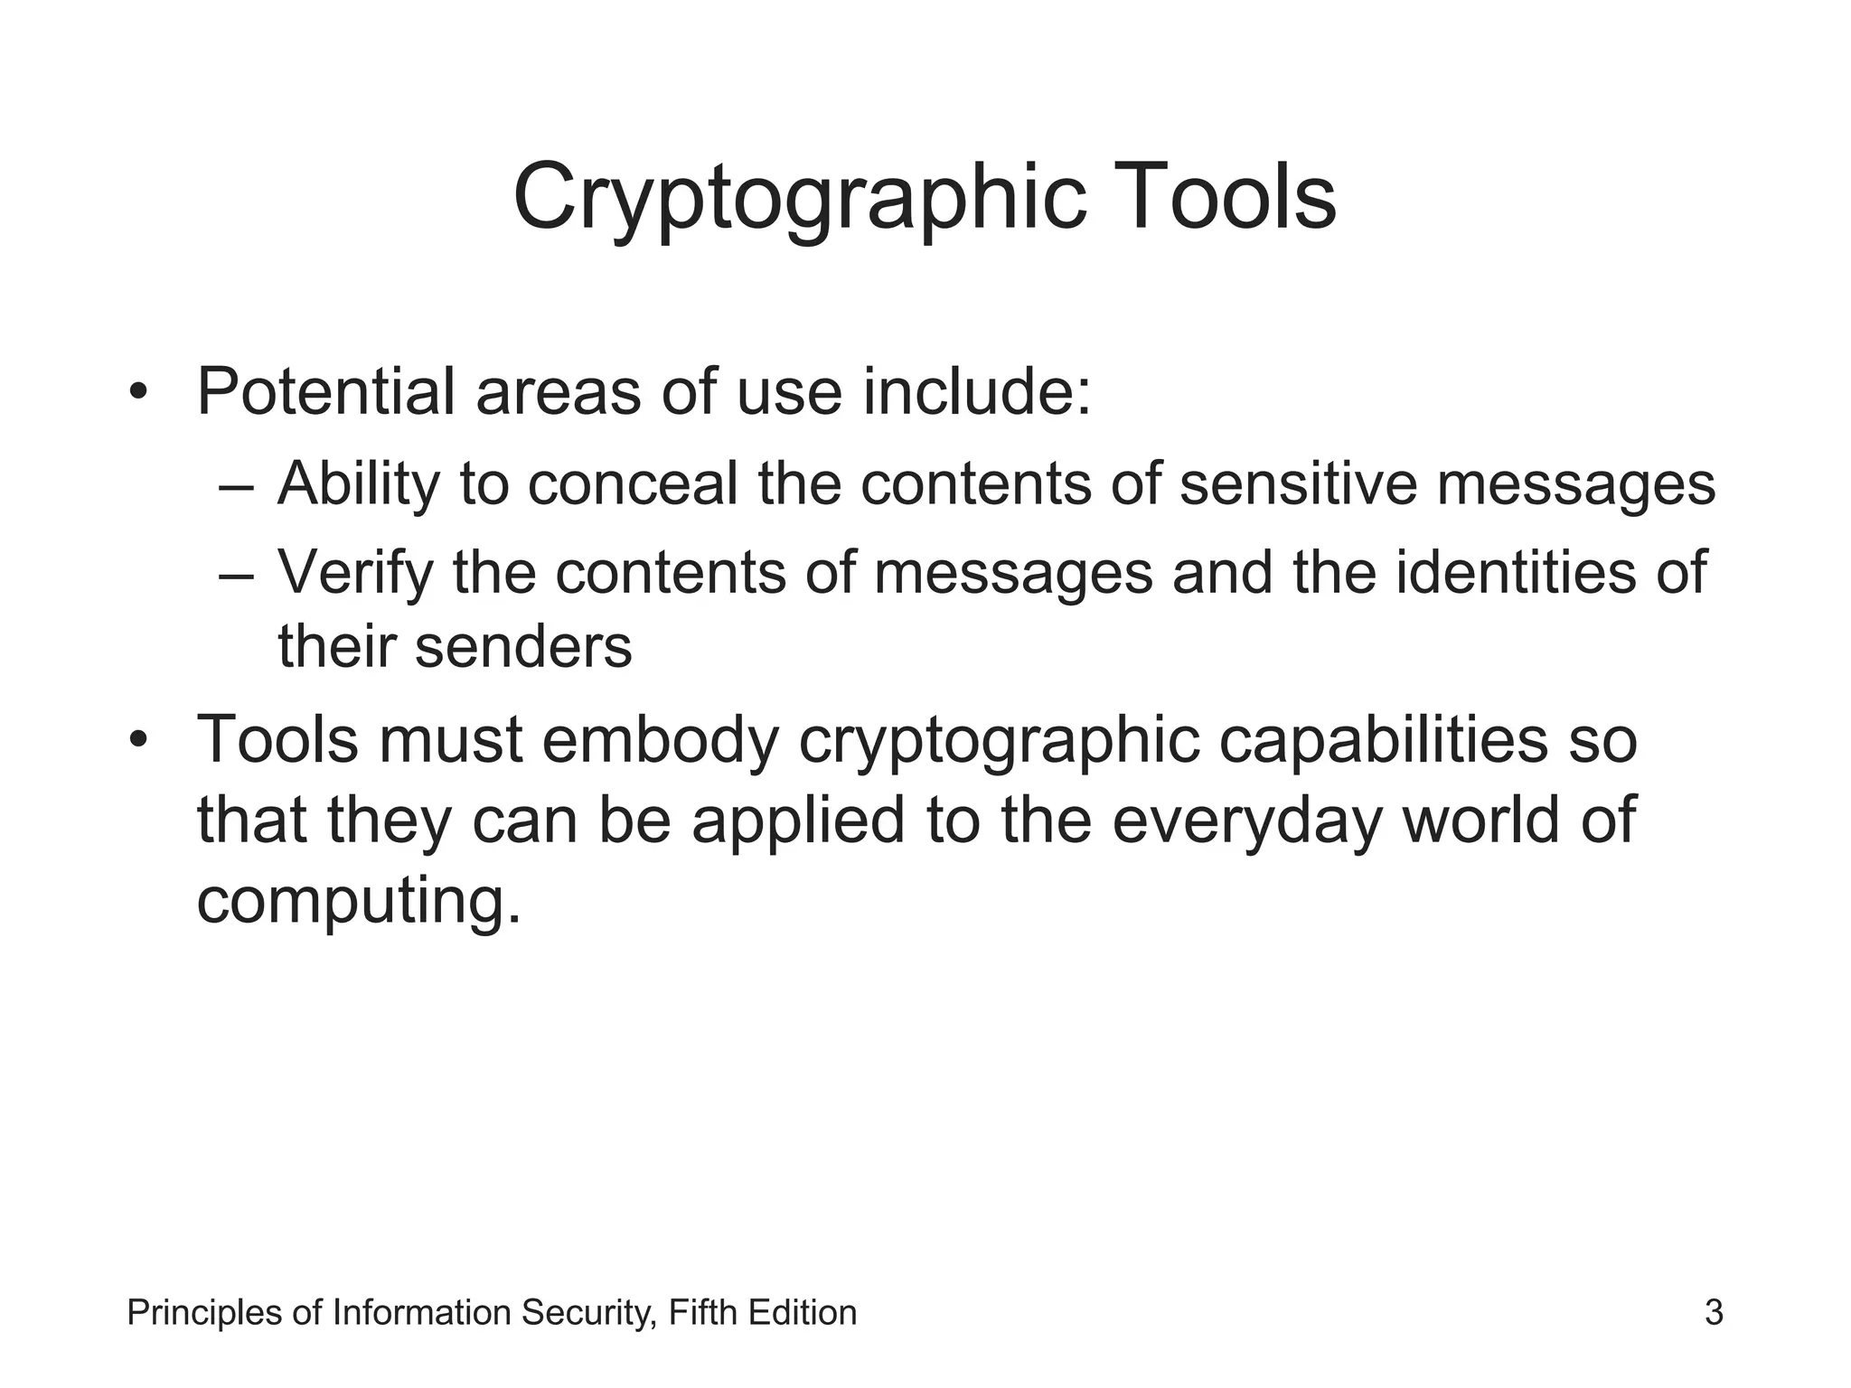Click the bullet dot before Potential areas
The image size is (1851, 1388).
[x=137, y=393]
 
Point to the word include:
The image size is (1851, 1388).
[x=977, y=392]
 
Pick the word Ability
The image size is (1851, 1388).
[x=358, y=484]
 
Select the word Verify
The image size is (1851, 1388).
[x=355, y=573]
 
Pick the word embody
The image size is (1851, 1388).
[x=660, y=739]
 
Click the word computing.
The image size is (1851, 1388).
[x=359, y=902]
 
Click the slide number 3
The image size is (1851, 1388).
[x=1714, y=1312]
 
